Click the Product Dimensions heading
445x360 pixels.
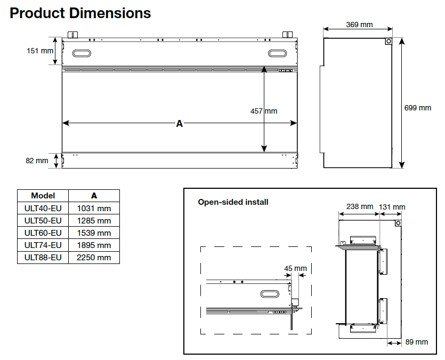coord(80,13)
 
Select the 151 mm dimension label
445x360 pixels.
coord(41,51)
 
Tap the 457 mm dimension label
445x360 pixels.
coord(264,111)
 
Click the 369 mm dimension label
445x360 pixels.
coord(359,25)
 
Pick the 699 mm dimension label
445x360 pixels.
coord(418,108)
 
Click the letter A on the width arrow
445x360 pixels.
coord(180,124)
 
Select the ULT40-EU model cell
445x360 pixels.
coord(43,208)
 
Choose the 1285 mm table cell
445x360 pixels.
coord(94,220)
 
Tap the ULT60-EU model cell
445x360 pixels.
coord(43,233)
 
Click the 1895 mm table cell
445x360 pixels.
coord(94,245)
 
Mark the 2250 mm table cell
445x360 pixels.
coord(94,258)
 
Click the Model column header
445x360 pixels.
coord(43,196)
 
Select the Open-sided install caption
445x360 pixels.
coord(233,202)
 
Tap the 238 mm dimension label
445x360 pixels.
coord(360,207)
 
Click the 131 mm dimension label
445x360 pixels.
coord(392,207)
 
